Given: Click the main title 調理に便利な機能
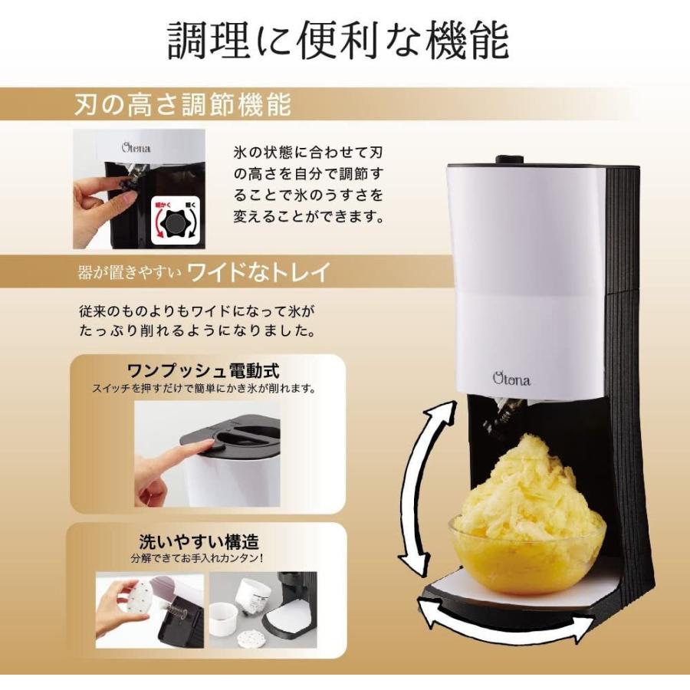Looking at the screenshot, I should [338, 41].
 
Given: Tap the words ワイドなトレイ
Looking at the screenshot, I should [258, 271].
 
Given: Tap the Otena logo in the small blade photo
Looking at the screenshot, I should [136, 148].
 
